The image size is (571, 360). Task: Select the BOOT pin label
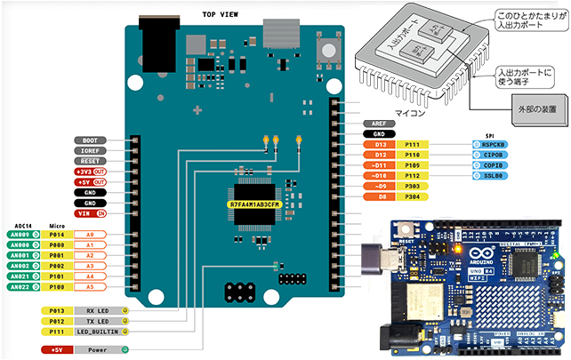point(90,140)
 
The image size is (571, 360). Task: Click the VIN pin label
point(85,214)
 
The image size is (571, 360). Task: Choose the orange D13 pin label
point(382,144)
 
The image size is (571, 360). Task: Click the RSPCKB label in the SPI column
point(495,144)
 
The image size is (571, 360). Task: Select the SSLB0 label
point(495,176)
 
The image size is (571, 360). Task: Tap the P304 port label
point(413,197)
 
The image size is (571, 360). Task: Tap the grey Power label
point(98,349)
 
